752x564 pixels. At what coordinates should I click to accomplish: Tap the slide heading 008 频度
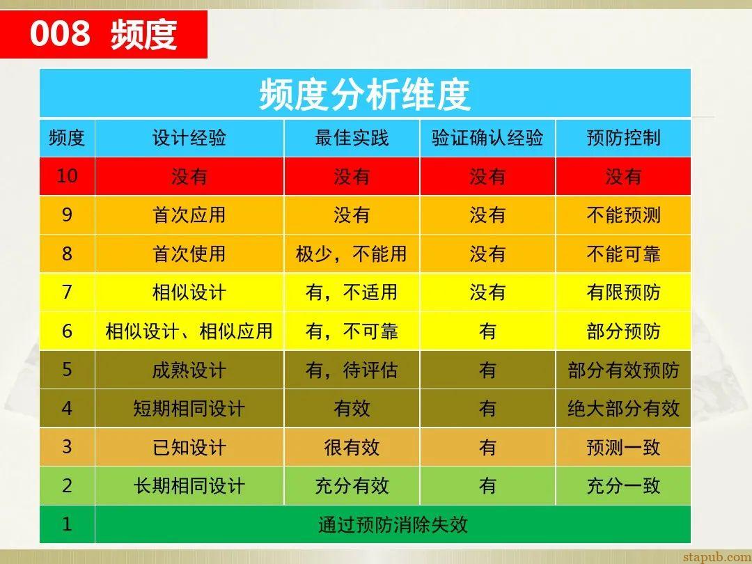click(x=103, y=34)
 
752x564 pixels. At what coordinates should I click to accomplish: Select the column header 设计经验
click(x=189, y=138)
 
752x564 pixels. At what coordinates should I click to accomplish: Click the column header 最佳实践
click(x=352, y=138)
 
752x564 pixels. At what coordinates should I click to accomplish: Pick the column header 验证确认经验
click(x=487, y=138)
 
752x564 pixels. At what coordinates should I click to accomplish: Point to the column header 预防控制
click(x=623, y=138)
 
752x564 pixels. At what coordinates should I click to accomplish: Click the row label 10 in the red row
click(x=67, y=175)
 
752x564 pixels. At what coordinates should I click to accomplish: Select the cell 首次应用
click(x=189, y=214)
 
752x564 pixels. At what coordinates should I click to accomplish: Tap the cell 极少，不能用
click(x=352, y=253)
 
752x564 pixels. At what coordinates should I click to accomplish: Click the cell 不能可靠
click(x=623, y=253)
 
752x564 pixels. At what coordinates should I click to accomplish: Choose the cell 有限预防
click(x=623, y=292)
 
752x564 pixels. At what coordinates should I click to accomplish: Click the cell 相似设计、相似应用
click(x=189, y=331)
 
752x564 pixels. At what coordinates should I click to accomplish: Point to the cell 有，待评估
click(x=352, y=370)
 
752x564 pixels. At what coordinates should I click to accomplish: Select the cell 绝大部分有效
click(x=623, y=408)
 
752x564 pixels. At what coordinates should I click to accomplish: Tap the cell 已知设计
click(x=189, y=447)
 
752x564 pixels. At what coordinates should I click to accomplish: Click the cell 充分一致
click(x=623, y=485)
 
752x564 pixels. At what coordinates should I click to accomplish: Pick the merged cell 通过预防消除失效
click(x=393, y=524)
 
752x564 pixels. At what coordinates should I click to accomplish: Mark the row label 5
click(x=67, y=369)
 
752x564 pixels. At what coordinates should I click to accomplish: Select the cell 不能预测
click(x=623, y=214)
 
